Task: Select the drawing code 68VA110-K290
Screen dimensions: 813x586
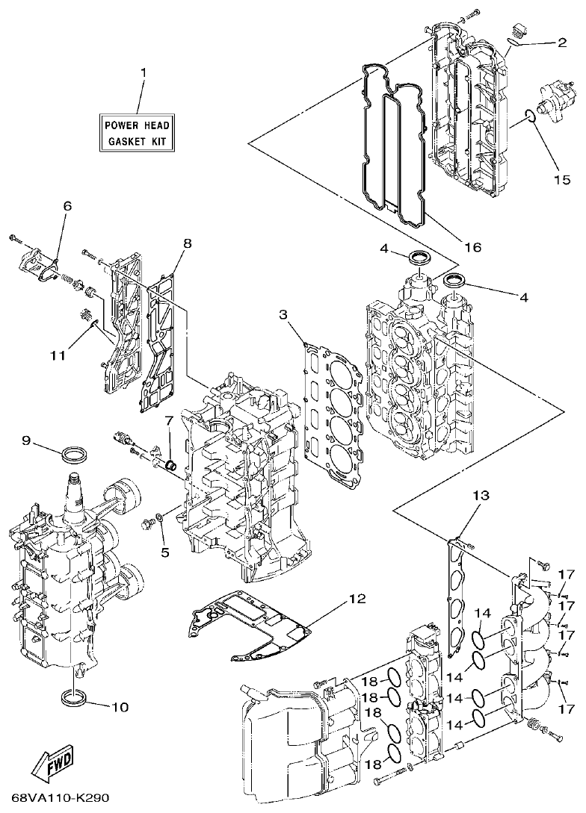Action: (55, 800)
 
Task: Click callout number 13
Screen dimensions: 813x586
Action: (481, 496)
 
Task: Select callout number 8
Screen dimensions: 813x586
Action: (186, 243)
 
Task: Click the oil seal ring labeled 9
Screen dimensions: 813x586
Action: (74, 453)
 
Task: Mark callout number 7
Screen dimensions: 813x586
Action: (169, 421)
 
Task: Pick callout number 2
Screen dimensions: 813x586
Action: (561, 43)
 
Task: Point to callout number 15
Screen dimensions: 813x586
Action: (561, 179)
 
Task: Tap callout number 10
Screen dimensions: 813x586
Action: (120, 706)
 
